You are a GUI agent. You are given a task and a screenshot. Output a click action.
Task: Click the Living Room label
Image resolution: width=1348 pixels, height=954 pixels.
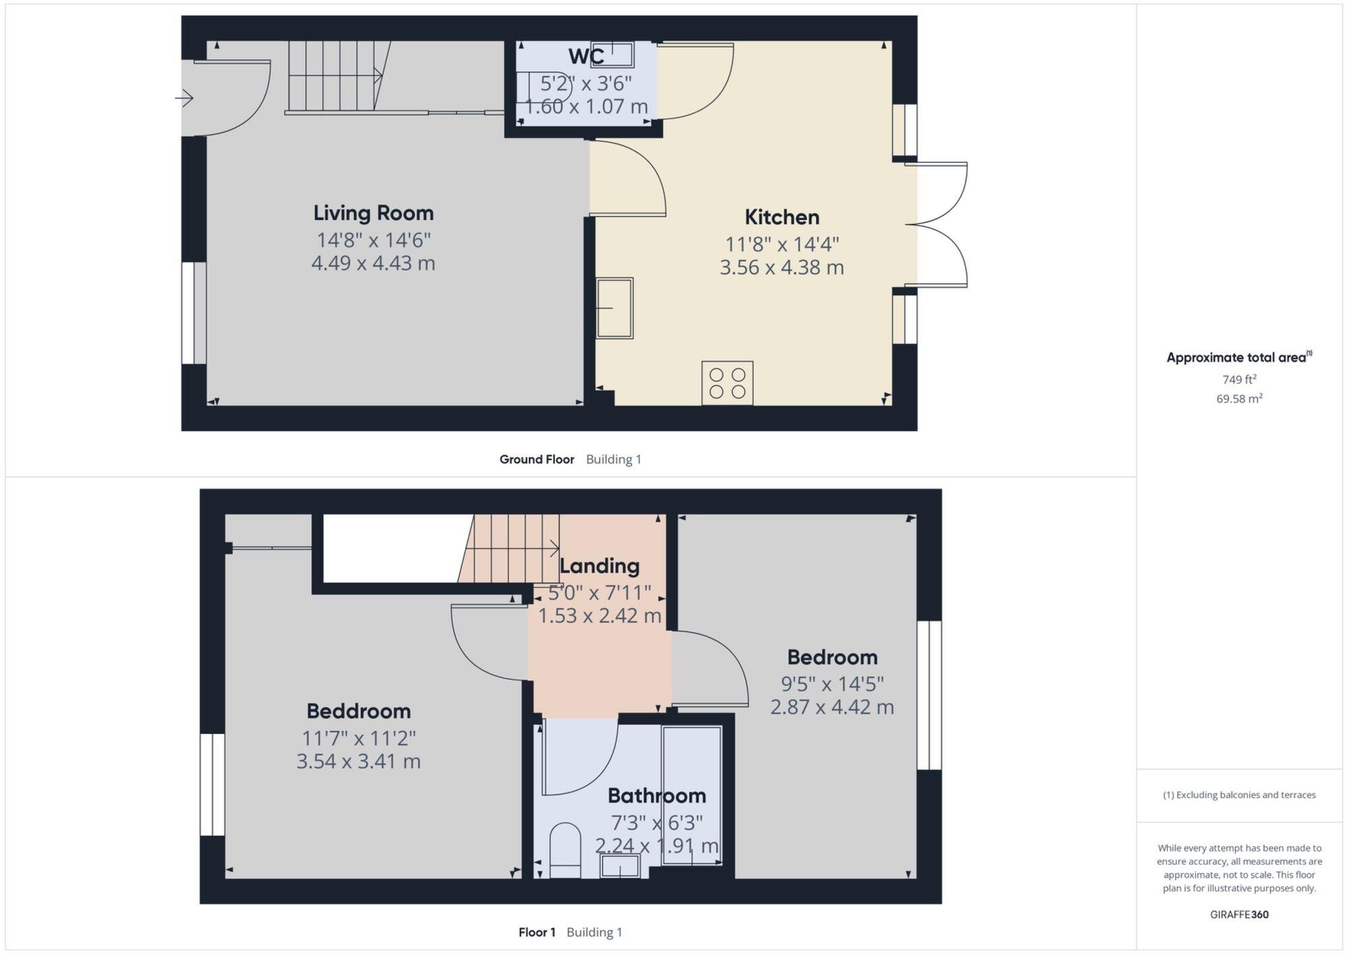(x=373, y=213)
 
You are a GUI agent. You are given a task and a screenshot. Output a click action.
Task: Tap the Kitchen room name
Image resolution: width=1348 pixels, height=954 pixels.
(x=782, y=217)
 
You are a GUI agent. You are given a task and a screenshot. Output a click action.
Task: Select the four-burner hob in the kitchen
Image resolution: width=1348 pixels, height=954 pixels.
(x=727, y=383)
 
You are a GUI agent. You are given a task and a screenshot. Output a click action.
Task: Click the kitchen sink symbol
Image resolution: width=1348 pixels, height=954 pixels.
(x=614, y=307)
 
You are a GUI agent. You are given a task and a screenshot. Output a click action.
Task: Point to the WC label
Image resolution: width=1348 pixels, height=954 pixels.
(x=586, y=57)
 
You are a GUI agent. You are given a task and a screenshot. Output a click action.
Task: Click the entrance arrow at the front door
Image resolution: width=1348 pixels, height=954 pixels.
(x=185, y=98)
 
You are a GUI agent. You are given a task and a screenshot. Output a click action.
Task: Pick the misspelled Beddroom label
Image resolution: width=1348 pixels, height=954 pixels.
(x=359, y=711)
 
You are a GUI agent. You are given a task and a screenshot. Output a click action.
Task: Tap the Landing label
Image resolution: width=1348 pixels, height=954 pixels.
(x=599, y=566)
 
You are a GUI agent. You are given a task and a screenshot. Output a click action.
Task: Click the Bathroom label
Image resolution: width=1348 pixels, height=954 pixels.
(x=656, y=796)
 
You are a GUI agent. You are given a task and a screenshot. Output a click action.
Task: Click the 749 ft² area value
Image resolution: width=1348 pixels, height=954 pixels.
(x=1239, y=380)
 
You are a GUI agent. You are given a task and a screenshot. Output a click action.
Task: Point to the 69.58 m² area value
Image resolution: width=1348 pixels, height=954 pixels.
(x=1239, y=398)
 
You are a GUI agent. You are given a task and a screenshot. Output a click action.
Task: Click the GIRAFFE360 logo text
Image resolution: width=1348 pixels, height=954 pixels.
(x=1239, y=914)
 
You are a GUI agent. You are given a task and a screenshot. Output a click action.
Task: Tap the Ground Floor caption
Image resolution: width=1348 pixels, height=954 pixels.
(x=537, y=459)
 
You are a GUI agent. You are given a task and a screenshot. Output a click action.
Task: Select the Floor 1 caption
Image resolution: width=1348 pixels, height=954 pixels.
(x=537, y=932)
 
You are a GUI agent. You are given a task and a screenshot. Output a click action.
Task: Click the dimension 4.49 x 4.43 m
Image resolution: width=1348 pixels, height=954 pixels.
(x=373, y=263)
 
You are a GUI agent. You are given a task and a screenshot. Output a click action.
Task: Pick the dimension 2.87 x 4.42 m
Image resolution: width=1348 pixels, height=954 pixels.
(x=832, y=707)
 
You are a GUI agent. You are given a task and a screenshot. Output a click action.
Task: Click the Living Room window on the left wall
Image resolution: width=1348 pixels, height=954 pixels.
(x=194, y=313)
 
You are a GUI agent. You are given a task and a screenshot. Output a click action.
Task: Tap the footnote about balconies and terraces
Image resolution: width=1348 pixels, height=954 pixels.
(x=1239, y=795)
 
